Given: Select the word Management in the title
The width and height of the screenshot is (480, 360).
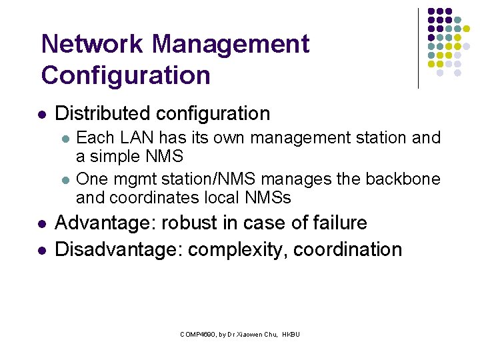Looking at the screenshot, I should tap(231, 44).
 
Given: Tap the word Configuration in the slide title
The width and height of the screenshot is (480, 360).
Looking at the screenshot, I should tap(125, 75).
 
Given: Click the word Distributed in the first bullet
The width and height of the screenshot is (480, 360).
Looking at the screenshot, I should tap(105, 113).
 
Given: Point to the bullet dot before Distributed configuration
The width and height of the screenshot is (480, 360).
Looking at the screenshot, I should tap(42, 114).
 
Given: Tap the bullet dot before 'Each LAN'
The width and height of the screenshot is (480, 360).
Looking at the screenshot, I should tap(64, 139).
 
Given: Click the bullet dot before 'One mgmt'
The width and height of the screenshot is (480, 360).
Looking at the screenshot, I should tap(64, 180).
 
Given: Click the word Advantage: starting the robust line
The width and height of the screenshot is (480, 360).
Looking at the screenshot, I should tap(105, 223).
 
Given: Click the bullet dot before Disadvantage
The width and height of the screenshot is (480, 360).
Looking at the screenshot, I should tap(42, 250).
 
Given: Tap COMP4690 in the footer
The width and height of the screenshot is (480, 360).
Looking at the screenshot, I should tap(195, 333).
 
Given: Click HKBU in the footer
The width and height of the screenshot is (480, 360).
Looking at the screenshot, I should tap(291, 333).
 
